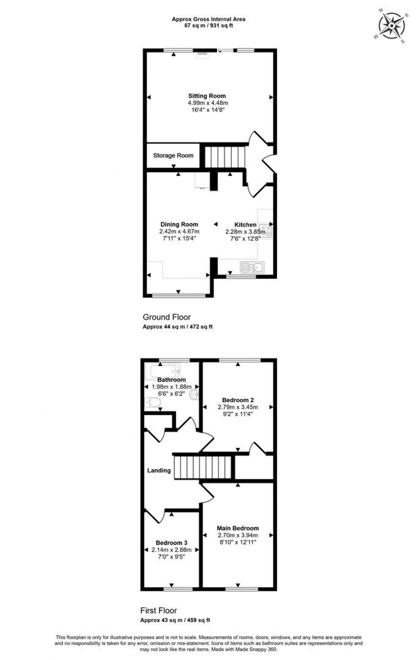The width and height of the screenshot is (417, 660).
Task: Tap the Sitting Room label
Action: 207,96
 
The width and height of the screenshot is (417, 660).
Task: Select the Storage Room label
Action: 173,156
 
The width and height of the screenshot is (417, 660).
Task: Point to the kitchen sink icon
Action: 252,267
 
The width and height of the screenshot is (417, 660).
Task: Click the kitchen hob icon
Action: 266,230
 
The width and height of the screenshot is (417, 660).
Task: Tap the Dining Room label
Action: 179,224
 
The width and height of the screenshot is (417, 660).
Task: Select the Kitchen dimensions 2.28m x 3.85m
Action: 245,232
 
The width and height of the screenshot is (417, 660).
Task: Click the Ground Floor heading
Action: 166,317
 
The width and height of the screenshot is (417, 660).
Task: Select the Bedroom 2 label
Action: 238,400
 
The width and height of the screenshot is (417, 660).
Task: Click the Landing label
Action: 159,470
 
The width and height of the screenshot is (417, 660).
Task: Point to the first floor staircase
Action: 203,467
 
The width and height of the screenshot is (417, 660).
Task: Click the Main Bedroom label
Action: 238,528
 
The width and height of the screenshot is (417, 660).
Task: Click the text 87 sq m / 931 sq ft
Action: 208,26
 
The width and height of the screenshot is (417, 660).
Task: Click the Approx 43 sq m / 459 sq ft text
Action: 175,620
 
